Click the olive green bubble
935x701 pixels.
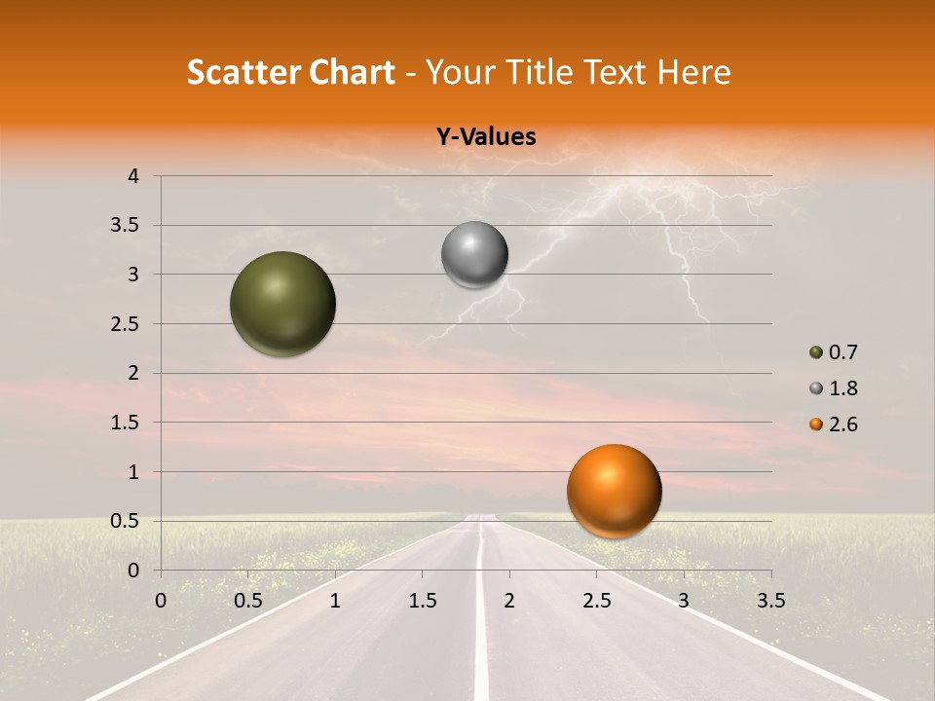[282, 304]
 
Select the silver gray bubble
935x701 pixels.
[474, 255]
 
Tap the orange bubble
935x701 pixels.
[614, 491]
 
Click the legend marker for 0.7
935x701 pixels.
[816, 352]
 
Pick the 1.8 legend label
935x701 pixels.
[842, 388]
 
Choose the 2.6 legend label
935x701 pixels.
[842, 424]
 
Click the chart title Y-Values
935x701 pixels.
[486, 137]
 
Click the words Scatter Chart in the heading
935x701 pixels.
[291, 72]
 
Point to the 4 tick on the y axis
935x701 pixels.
[134, 176]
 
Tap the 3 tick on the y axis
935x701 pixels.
[134, 275]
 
